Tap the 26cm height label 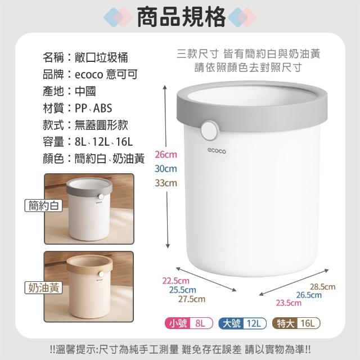click(166, 155)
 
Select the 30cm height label click(166, 169)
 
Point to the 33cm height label click(166, 183)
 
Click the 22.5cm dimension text click(176, 281)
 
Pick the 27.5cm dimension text click(192, 299)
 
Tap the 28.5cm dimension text click(322, 287)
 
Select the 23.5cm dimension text click(289, 303)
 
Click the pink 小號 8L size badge click(189, 323)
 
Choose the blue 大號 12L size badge click(242, 323)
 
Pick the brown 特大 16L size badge click(296, 323)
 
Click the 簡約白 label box click(44, 205)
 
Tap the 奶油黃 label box click(44, 287)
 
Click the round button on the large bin click(209, 130)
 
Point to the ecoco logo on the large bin click(217, 151)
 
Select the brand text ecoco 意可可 click(106, 74)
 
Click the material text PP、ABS click(93, 108)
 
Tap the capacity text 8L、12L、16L click(103, 142)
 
